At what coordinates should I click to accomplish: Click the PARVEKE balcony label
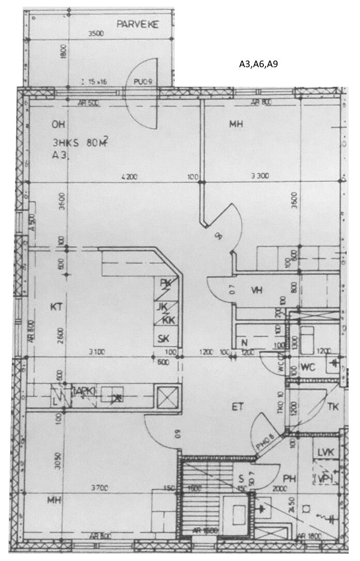coord(137,24)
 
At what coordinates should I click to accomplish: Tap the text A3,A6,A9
coord(258,65)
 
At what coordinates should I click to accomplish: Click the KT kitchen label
coord(56,307)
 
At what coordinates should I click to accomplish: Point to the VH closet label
coord(257,290)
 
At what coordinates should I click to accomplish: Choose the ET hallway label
coord(237,407)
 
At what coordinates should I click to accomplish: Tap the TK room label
coord(333,407)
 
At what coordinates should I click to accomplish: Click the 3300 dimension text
coord(260,177)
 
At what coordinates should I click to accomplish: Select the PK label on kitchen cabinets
coord(165,283)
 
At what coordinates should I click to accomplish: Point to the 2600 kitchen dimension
coord(61,336)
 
